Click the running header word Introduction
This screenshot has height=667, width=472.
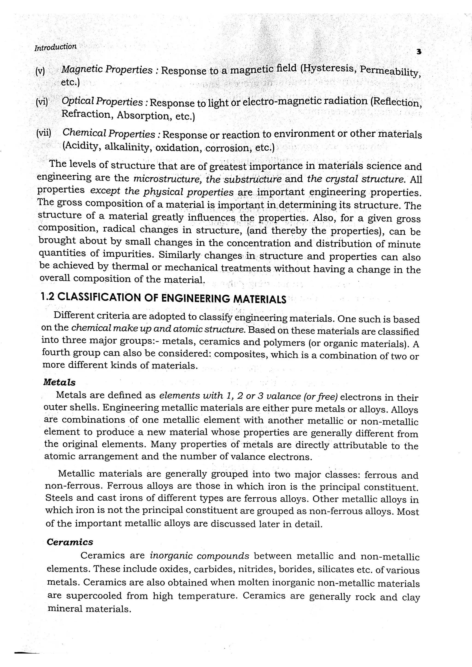[56, 47]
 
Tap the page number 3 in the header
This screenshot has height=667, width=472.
[419, 52]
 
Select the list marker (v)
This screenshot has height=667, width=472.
[40, 71]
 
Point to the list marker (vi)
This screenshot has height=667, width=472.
[41, 102]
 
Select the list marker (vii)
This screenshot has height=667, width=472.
[44, 133]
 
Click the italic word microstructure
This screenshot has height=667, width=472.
[168, 178]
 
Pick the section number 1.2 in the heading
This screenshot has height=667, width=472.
[48, 297]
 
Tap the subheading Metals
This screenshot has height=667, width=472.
[59, 382]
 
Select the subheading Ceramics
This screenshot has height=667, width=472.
[70, 542]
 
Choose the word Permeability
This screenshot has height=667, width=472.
[390, 71]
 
